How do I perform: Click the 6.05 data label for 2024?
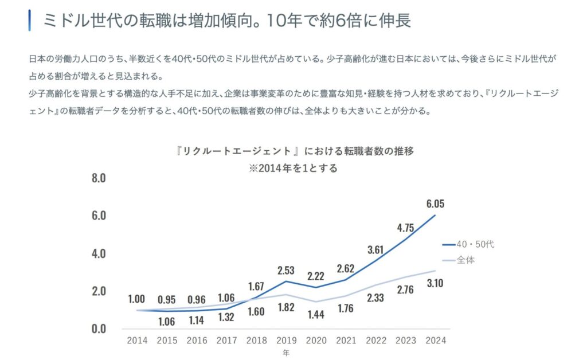click(x=435, y=204)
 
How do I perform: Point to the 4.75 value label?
click(x=405, y=228)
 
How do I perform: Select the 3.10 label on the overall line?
click(x=435, y=283)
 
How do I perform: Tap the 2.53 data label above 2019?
click(x=285, y=270)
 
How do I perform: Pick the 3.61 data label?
click(x=375, y=249)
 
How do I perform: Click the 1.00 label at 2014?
click(x=136, y=299)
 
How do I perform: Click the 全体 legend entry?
click(x=466, y=260)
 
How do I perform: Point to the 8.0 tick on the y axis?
click(x=99, y=178)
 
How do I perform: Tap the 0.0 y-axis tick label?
click(x=99, y=329)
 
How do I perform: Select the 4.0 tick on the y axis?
click(x=99, y=253)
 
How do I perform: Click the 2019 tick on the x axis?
click(x=285, y=340)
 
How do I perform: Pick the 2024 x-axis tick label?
click(x=435, y=340)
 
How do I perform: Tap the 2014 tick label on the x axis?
click(x=136, y=340)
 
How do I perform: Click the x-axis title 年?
click(x=285, y=353)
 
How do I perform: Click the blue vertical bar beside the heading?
click(x=29, y=21)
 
